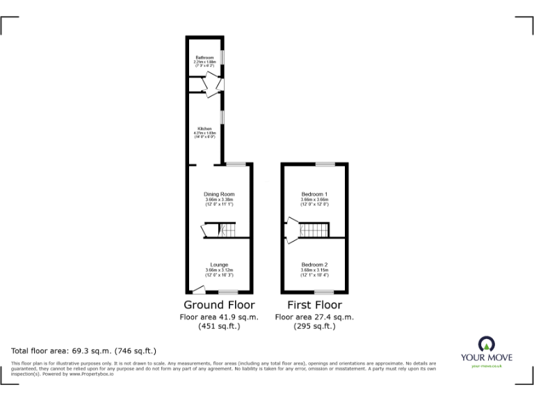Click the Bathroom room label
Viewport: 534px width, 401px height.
(x=204, y=56)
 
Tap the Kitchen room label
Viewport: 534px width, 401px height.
(x=204, y=129)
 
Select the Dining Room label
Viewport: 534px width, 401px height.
(x=218, y=194)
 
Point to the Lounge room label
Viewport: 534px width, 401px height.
(x=219, y=265)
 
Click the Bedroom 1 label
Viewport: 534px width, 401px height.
(x=314, y=194)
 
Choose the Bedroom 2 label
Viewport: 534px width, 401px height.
(x=314, y=265)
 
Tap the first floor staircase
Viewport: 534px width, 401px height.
(x=316, y=229)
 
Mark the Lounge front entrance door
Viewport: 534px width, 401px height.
(x=198, y=289)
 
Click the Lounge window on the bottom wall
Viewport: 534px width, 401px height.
(x=228, y=292)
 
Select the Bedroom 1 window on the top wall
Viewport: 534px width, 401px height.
(x=324, y=164)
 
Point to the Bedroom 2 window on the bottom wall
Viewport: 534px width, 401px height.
(x=324, y=292)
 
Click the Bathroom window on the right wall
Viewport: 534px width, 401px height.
(x=222, y=56)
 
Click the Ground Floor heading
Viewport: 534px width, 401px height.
(x=219, y=305)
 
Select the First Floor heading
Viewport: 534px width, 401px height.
(x=314, y=305)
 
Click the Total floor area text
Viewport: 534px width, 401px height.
(x=84, y=351)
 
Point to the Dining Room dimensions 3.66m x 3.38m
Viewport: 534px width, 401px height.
(x=219, y=201)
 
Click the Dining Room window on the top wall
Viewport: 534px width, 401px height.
(x=235, y=164)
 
